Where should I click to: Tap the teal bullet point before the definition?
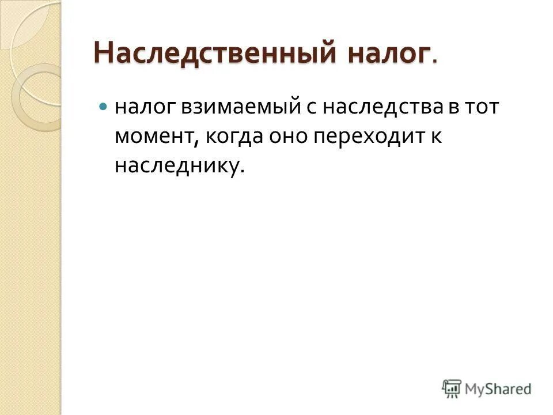(x=103, y=107)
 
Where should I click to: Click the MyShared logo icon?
(x=452, y=389)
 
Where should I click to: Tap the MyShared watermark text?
(x=498, y=389)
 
